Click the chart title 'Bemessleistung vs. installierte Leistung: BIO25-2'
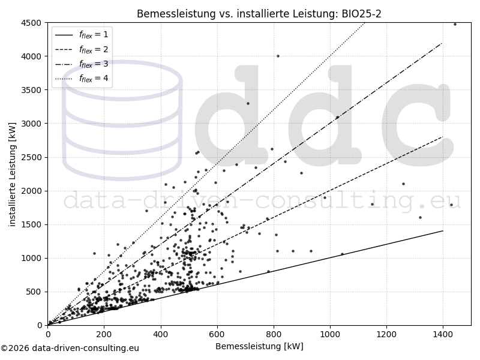pyautogui.click(x=259, y=14)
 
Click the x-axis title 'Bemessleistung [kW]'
pyautogui.click(x=259, y=346)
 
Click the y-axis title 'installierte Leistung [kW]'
pyautogui.click(x=13, y=174)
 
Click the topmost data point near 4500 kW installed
pyautogui.click(x=455, y=24)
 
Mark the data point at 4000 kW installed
pyautogui.click(x=278, y=56)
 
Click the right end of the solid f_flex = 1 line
pyautogui.click(x=443, y=231)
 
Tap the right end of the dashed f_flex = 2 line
pyautogui.click(x=443, y=137)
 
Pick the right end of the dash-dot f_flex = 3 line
pyautogui.click(x=443, y=43)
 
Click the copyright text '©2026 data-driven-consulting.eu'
pyautogui.click(x=70, y=348)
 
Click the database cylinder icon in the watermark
pyautogui.click(x=122, y=120)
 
